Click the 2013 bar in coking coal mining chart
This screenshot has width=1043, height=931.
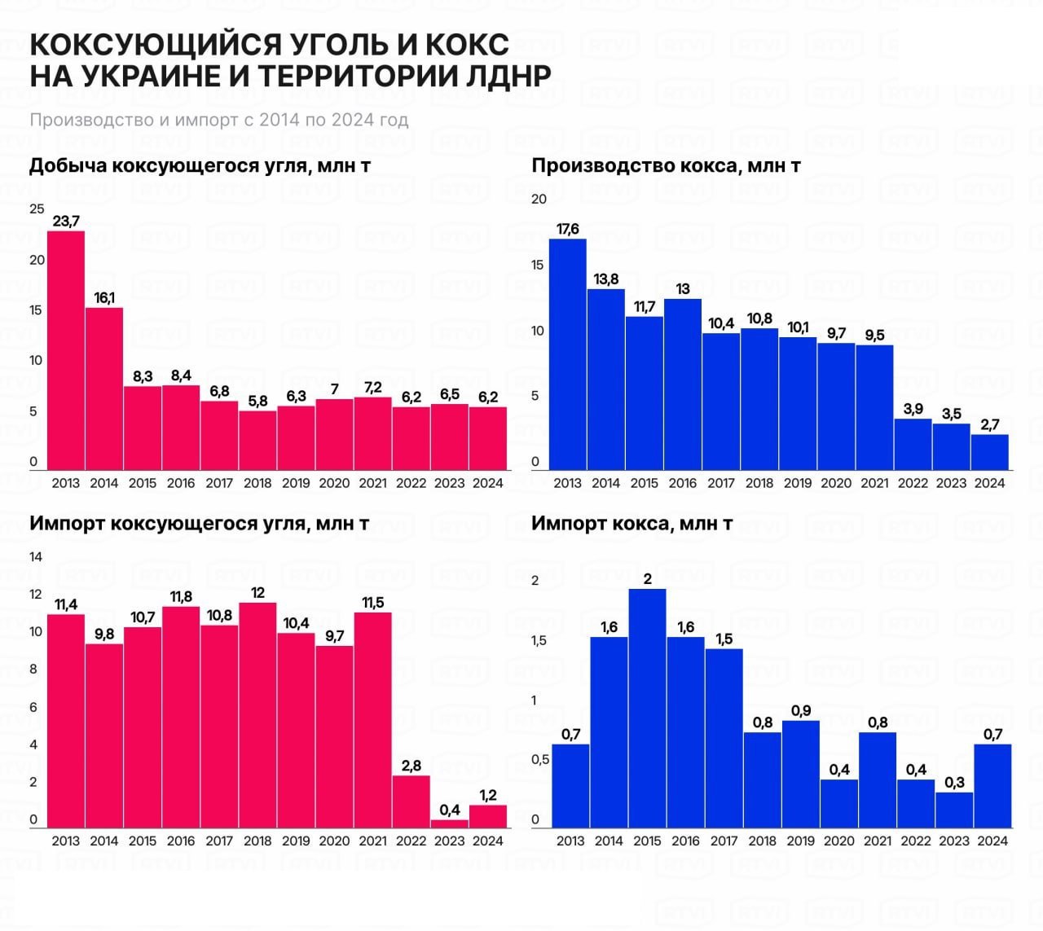pyautogui.click(x=66, y=350)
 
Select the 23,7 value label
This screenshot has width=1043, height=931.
pyautogui.click(x=66, y=221)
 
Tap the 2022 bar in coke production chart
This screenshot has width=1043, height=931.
pyautogui.click(x=913, y=444)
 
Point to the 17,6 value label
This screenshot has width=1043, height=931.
pyautogui.click(x=568, y=229)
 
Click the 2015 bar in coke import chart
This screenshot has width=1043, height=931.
pyautogui.click(x=647, y=708)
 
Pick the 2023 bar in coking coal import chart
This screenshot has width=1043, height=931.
pyautogui.click(x=450, y=823)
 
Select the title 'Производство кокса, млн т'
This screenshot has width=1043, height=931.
pyautogui.click(x=666, y=165)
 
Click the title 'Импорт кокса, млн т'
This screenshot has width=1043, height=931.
pyautogui.click(x=632, y=523)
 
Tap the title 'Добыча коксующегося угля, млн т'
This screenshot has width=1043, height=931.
pyautogui.click(x=200, y=165)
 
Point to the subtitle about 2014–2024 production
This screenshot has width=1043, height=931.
pyautogui.click(x=218, y=120)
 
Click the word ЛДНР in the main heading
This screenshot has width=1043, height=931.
pyautogui.click(x=498, y=75)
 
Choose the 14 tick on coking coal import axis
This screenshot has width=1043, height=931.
pyautogui.click(x=36, y=557)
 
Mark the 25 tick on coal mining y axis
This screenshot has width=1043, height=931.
pyautogui.click(x=37, y=209)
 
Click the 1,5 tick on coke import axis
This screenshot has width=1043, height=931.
pyautogui.click(x=539, y=641)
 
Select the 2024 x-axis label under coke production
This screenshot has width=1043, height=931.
pyautogui.click(x=989, y=483)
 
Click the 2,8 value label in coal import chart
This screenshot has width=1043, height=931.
pyautogui.click(x=411, y=766)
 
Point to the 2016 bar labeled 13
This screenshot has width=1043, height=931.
pyautogui.click(x=683, y=384)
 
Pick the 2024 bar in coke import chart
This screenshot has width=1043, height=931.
pyautogui.click(x=992, y=786)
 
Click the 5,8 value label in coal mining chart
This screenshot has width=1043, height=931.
pyautogui.click(x=257, y=401)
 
